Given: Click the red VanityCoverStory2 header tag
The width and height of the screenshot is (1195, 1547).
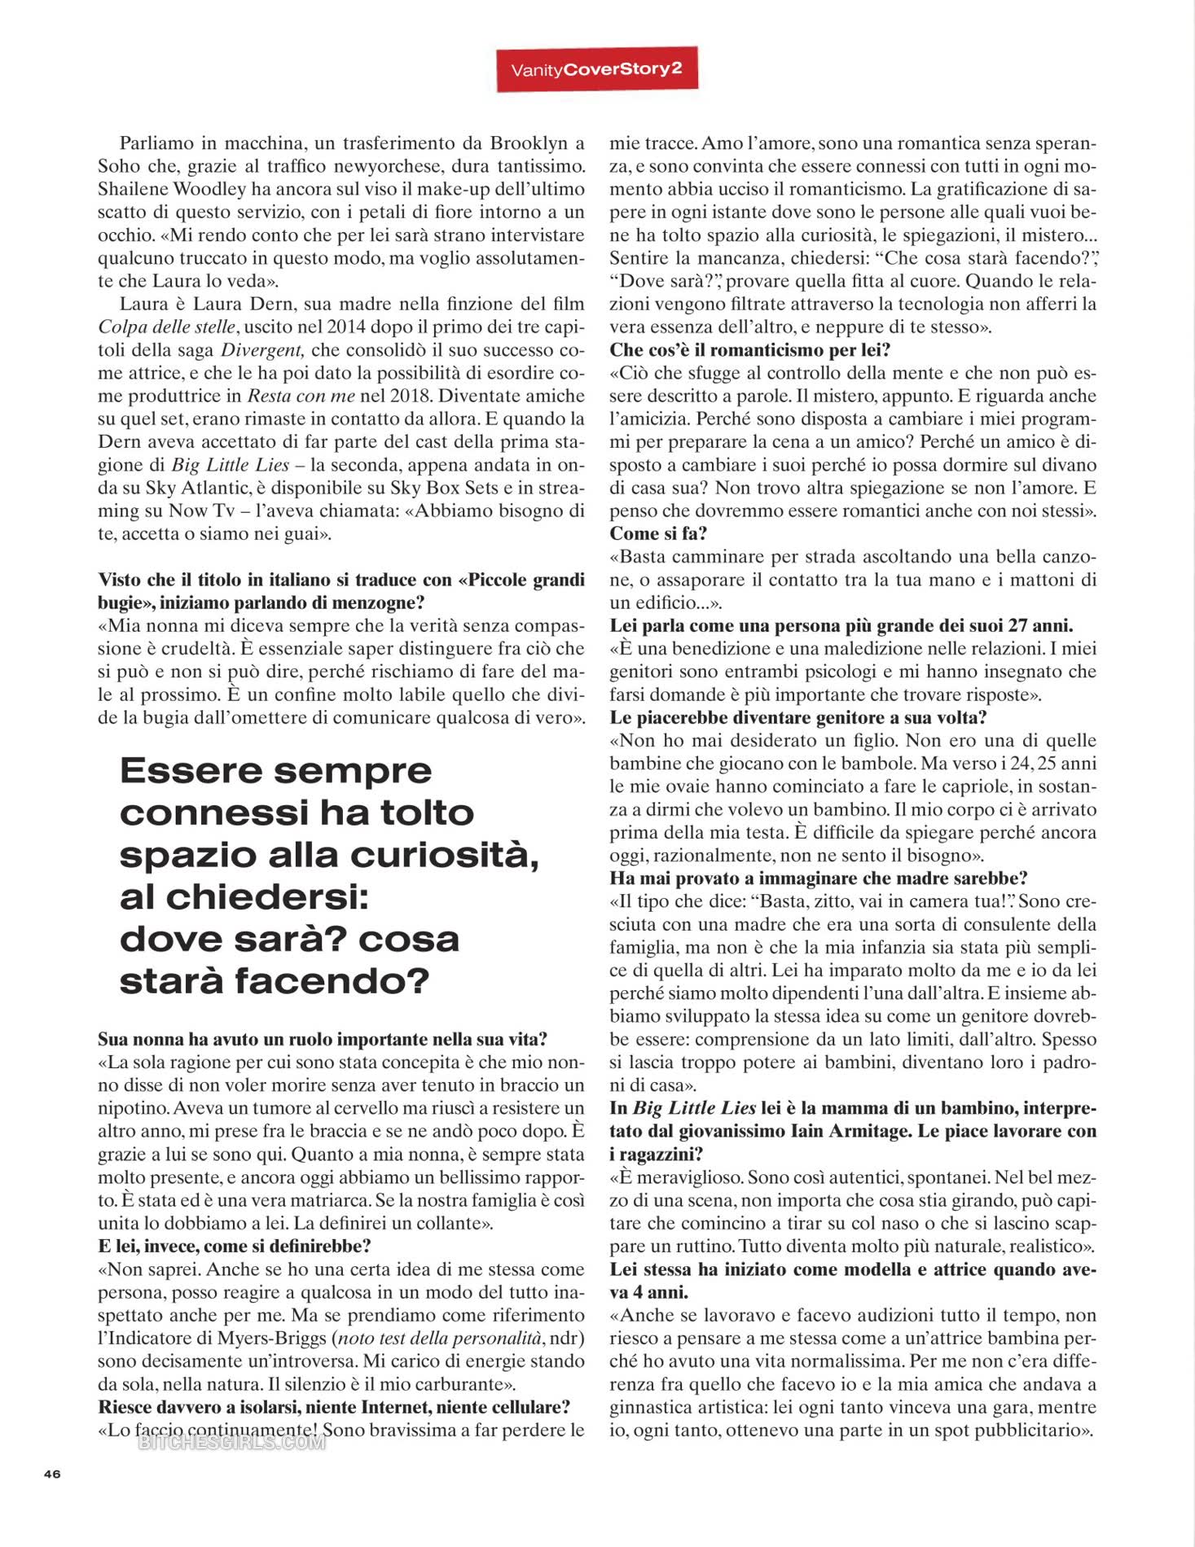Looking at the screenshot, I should (596, 70).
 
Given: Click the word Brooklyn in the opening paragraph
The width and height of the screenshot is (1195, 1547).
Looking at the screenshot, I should (528, 143).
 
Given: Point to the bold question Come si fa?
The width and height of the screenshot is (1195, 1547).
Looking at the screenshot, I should (658, 534).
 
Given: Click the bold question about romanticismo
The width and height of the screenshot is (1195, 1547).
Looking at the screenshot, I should (749, 350).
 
